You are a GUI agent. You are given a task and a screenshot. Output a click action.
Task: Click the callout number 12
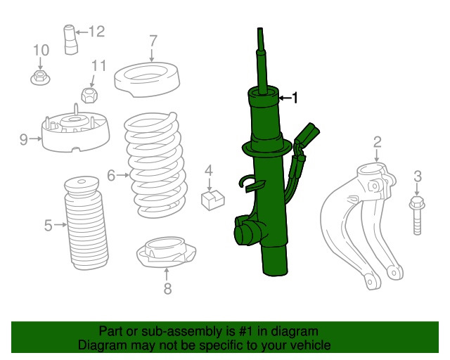pos(97,32)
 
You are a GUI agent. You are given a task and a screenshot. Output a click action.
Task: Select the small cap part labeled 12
pos(70,39)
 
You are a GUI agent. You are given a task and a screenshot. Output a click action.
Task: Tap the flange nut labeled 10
pos(40,77)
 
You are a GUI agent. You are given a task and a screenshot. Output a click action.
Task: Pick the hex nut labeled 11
pos(89,96)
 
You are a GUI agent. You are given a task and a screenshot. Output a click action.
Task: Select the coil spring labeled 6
pos(155,165)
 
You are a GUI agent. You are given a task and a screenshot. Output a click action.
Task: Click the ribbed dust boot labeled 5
pos(86,223)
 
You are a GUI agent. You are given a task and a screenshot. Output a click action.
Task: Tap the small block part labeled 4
pos(212,200)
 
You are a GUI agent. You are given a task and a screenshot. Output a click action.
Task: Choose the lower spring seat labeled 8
pos(166,252)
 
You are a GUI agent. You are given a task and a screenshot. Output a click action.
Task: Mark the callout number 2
pos(378,143)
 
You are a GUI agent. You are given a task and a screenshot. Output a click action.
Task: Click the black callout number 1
pos(295,98)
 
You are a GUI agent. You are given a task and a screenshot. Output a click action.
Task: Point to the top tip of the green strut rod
pos(260,28)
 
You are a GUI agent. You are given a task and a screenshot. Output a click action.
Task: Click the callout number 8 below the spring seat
pos(167,288)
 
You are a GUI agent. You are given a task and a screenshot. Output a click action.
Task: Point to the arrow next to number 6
pos(123,175)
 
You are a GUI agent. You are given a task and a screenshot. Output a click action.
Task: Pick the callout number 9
pos(24,139)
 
